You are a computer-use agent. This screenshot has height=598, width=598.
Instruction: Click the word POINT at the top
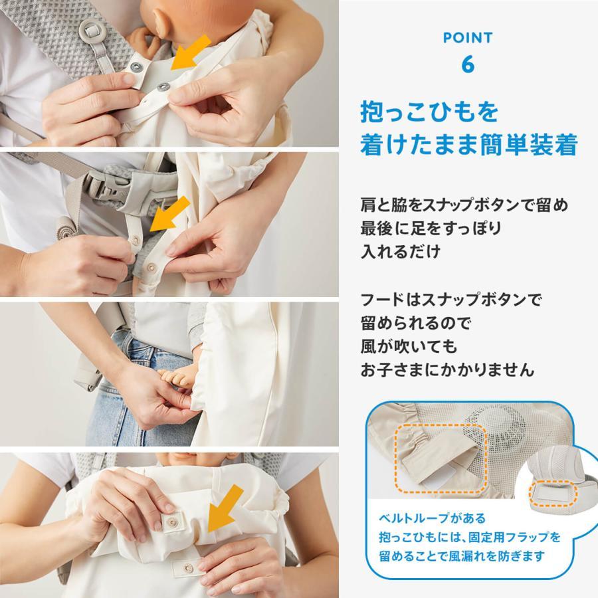(468, 38)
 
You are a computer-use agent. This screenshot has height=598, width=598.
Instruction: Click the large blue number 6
(468, 64)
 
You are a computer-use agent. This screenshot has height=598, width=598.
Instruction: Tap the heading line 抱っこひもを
(429, 112)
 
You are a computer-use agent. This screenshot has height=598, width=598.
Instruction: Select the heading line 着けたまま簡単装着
(468, 144)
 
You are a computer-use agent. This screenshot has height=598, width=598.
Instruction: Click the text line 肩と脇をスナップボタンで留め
(464, 205)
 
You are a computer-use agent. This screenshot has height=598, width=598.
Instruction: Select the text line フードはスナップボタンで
(447, 299)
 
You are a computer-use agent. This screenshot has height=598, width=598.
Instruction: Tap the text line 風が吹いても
(409, 346)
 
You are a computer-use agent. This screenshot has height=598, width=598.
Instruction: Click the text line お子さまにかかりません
(447, 369)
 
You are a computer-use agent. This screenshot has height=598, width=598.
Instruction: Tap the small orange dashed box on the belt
(553, 493)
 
